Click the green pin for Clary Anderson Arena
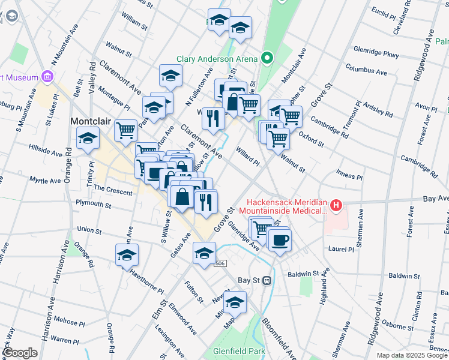(268, 58)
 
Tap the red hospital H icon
(336, 207)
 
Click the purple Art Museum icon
(47, 77)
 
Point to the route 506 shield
(220, 263)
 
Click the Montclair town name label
(91, 121)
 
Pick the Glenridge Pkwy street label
(376, 53)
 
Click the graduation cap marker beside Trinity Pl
(88, 139)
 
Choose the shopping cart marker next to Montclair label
(125, 129)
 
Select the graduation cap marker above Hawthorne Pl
(127, 255)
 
